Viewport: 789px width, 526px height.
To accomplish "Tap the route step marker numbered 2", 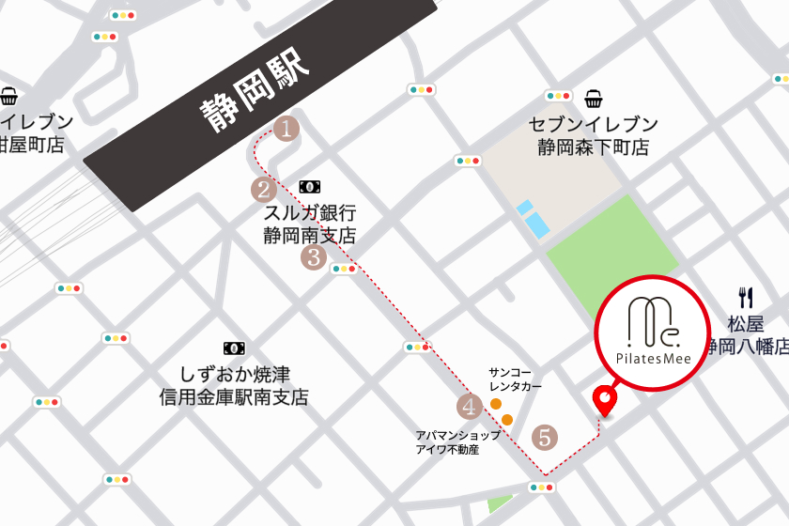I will click(262, 190).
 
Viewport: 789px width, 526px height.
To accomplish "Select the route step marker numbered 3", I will click(313, 256).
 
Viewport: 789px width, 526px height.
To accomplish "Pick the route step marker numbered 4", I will click(469, 407).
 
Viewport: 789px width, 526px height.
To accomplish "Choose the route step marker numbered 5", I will click(544, 437).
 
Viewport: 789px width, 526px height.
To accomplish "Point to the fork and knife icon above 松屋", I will click(747, 298).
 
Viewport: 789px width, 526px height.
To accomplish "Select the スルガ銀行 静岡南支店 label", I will click(310, 224).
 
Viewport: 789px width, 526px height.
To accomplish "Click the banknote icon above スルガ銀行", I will click(309, 188).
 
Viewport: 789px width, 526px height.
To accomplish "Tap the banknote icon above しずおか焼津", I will click(234, 348).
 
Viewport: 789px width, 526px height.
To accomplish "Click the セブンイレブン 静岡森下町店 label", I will click(593, 135).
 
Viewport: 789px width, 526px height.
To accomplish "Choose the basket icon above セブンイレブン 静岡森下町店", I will click(594, 99).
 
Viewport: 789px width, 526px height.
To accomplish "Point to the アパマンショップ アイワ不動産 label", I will click(458, 442).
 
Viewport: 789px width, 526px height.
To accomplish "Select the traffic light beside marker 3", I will click(344, 269).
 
